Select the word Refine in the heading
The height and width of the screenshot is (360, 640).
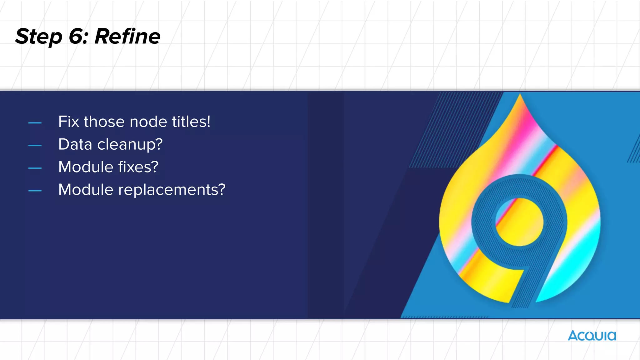coord(127,36)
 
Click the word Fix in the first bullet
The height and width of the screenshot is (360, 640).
coord(68,122)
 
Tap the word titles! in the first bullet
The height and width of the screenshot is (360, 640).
coord(191,122)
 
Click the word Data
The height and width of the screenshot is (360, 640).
coord(75,144)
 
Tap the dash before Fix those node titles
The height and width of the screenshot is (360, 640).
coord(35,123)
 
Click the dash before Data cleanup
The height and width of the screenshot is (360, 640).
coord(35,146)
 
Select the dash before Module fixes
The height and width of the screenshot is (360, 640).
coord(35,168)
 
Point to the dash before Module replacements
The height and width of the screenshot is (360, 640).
coord(35,191)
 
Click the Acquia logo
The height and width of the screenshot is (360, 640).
coord(592,336)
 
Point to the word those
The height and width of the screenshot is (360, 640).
coord(104,122)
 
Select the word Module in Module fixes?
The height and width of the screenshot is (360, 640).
coord(86,167)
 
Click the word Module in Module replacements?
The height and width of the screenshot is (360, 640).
coord(86,190)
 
